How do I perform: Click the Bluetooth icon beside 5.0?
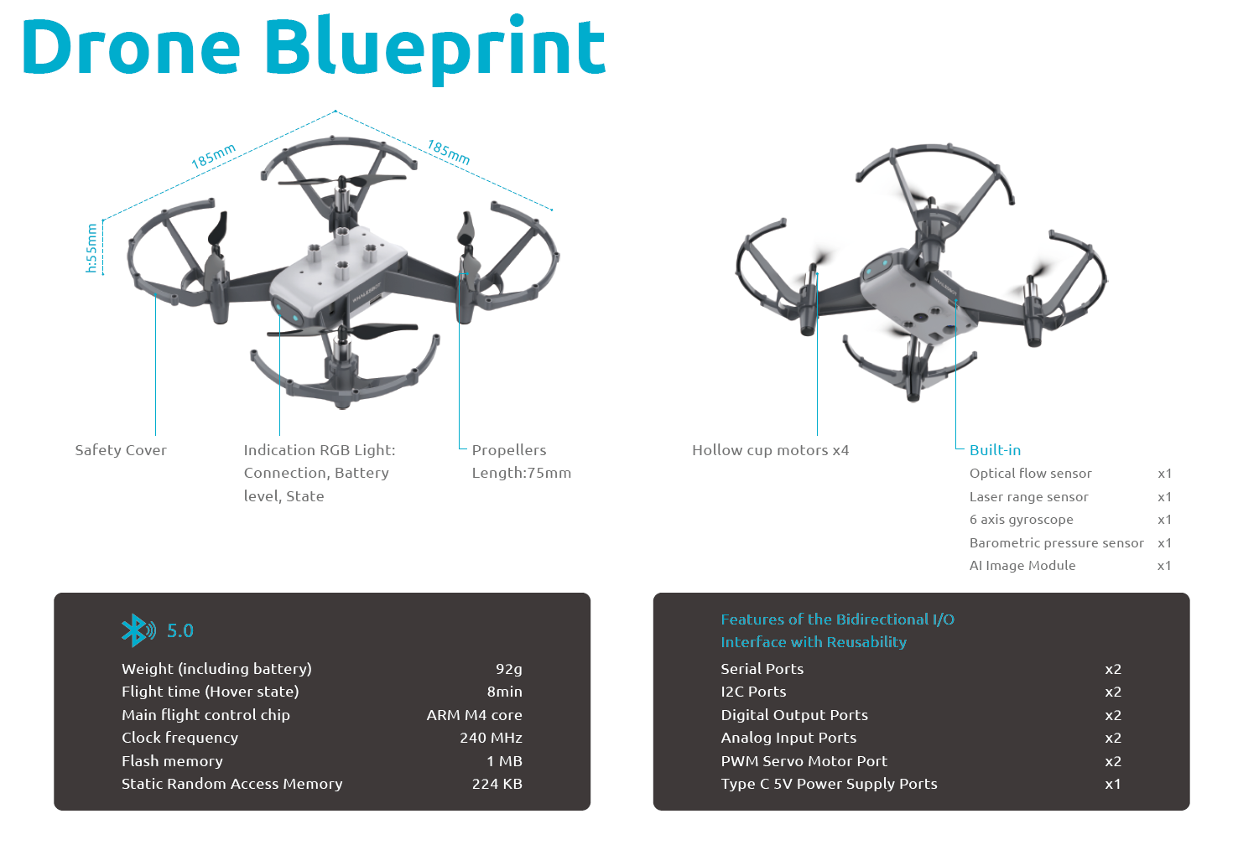pyautogui.click(x=138, y=630)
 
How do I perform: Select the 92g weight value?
pyautogui.click(x=508, y=669)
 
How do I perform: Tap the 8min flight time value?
pyautogui.click(x=504, y=692)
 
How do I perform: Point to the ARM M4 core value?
pyautogui.click(x=474, y=715)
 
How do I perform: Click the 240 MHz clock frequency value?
pyautogui.click(x=491, y=738)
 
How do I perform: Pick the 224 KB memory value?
pyautogui.click(x=497, y=784)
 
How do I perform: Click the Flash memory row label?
pyautogui.click(x=172, y=761)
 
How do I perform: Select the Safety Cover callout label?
pyautogui.click(x=121, y=450)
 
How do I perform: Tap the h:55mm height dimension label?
pyautogui.click(x=92, y=248)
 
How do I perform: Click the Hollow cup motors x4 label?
pyautogui.click(x=770, y=450)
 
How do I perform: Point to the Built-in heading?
pyautogui.click(x=995, y=450)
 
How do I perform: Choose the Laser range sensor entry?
pyautogui.click(x=1028, y=497)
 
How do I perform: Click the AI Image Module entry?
pyautogui.click(x=1022, y=566)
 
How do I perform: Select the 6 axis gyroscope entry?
pyautogui.click(x=1021, y=520)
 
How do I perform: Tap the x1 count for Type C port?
pyautogui.click(x=1112, y=784)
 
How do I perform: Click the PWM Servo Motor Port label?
pyautogui.click(x=804, y=761)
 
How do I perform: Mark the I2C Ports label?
pyautogui.click(x=753, y=692)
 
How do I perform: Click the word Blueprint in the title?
pyautogui.click(x=435, y=47)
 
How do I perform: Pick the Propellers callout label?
pyautogui.click(x=508, y=450)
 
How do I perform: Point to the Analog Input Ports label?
pyautogui.click(x=788, y=738)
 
